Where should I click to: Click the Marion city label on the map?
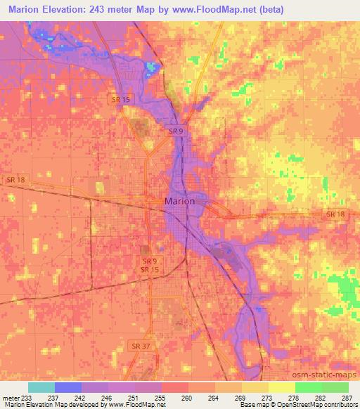tap(179, 201)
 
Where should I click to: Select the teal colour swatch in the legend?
tap(41, 387)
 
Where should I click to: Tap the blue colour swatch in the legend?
tap(68, 387)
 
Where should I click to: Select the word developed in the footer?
tap(83, 404)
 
